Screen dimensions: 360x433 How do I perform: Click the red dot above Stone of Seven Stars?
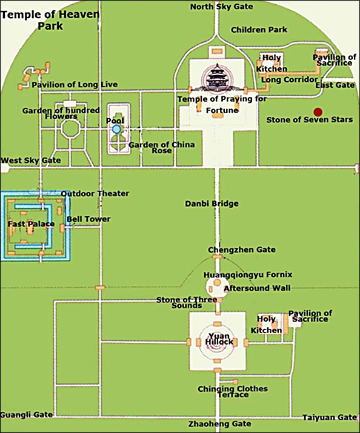tap(318, 112)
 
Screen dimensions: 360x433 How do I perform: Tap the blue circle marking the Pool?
tap(116, 129)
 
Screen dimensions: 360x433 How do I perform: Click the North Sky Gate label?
tap(221, 7)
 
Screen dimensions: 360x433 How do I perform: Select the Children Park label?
tap(259, 30)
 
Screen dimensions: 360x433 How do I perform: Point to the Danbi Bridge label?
tap(212, 204)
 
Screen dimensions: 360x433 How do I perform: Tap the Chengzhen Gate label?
tap(242, 250)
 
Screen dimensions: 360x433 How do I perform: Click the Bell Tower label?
tap(88, 219)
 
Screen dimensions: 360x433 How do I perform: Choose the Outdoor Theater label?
tap(95, 194)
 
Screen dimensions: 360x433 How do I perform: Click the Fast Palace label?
tap(31, 223)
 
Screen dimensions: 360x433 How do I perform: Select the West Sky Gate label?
tap(31, 160)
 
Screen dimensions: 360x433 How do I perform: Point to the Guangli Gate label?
tap(26, 414)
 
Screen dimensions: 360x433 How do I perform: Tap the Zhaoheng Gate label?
tap(219, 423)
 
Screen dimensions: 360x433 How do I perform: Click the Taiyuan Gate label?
tap(330, 417)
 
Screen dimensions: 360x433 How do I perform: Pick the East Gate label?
tap(335, 85)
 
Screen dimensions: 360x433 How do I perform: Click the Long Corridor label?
tap(290, 79)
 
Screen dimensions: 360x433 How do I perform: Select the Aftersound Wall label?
tap(257, 288)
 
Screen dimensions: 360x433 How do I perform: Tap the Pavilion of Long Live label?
tap(75, 85)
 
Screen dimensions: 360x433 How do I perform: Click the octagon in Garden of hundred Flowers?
tap(70, 128)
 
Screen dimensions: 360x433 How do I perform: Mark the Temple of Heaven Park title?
tap(50, 20)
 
